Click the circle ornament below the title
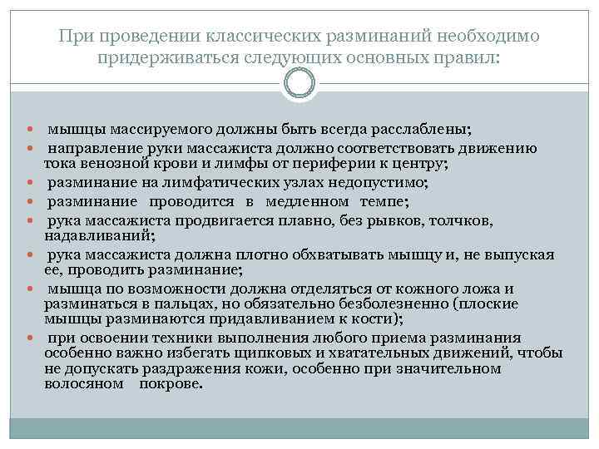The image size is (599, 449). (299, 83)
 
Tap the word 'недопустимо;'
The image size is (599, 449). (382, 181)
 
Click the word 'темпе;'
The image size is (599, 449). (387, 200)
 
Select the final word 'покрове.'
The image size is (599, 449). (171, 385)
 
